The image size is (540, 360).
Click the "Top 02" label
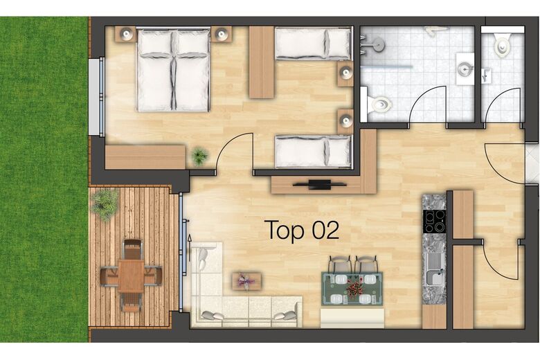pos(303,230)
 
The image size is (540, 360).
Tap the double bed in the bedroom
pos(173,71)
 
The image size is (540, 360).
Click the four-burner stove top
pos(434,221)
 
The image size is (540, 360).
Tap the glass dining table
pos(352,289)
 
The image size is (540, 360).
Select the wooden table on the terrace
pos(131,276)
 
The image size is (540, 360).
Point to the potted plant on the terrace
pos(104,204)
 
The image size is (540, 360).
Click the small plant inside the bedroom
pos(200,156)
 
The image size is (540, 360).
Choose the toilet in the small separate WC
pos(502,44)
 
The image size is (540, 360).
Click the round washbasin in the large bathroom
pos(465,69)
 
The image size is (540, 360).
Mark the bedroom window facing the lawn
pos(97,97)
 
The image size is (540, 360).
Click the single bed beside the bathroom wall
pos(313,44)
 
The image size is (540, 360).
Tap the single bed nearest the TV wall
pos(313,152)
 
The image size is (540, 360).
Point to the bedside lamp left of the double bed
pos(127,34)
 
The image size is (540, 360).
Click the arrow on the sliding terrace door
pos(189,247)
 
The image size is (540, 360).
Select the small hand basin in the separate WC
pos(487,75)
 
